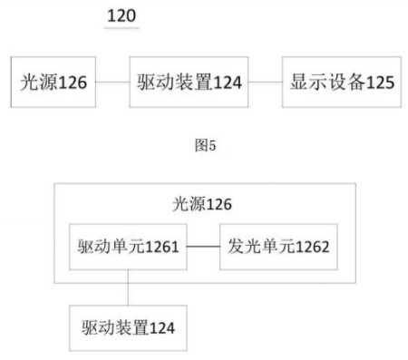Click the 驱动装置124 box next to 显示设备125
[x=189, y=83]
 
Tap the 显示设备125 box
[x=340, y=83]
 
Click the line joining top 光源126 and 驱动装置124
[x=112, y=83]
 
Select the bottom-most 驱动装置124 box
[x=128, y=327]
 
